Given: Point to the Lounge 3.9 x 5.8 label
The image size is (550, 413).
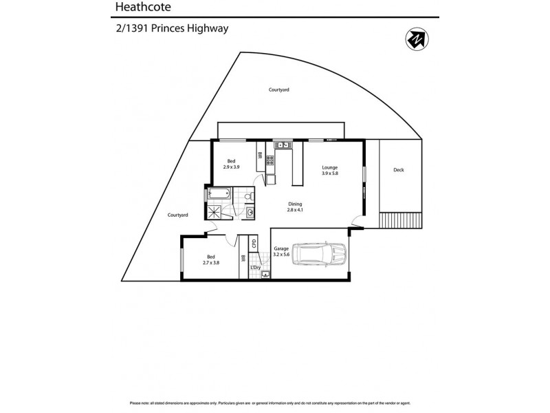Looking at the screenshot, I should coord(330,170).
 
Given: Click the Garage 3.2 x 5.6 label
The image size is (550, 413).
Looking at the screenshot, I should coord(280,251).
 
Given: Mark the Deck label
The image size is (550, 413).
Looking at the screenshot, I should coord(398,170).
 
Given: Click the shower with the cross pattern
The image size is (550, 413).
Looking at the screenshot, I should coord(216,211).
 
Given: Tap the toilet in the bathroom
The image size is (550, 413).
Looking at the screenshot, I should coord(250,197).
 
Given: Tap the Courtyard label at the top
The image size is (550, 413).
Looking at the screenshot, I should coord(278,89).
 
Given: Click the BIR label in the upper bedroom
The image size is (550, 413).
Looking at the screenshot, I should coord(259,156).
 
